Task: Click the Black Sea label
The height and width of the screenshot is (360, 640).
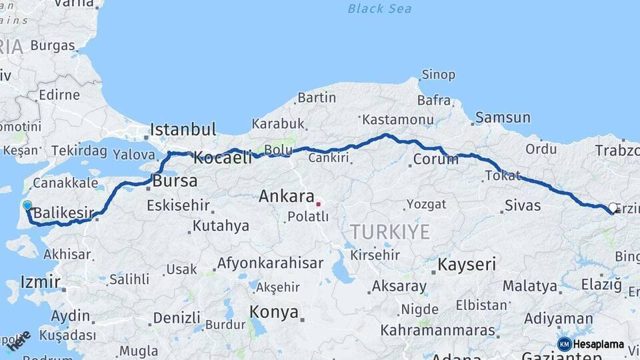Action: [379, 9]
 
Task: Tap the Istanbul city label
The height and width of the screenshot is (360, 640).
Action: [183, 129]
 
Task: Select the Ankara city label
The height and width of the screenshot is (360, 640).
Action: [286, 197]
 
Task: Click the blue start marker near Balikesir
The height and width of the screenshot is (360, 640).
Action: [27, 206]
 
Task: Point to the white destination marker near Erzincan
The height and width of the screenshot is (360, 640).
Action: [613, 208]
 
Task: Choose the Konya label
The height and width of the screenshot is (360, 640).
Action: [273, 311]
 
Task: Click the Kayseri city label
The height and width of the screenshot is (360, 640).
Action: [467, 265]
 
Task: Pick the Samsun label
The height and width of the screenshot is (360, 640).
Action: [503, 118]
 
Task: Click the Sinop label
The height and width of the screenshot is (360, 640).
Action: [439, 75]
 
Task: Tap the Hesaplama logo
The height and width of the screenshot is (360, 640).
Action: [591, 344]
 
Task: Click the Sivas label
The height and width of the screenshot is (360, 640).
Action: [523, 205]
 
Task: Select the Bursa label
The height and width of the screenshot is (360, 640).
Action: [175, 181]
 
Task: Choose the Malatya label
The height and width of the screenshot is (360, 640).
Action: [529, 286]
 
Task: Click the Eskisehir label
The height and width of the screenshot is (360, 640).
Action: [177, 204]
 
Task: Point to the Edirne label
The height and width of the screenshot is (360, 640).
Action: [59, 95]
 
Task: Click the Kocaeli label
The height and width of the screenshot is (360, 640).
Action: [223, 158]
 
